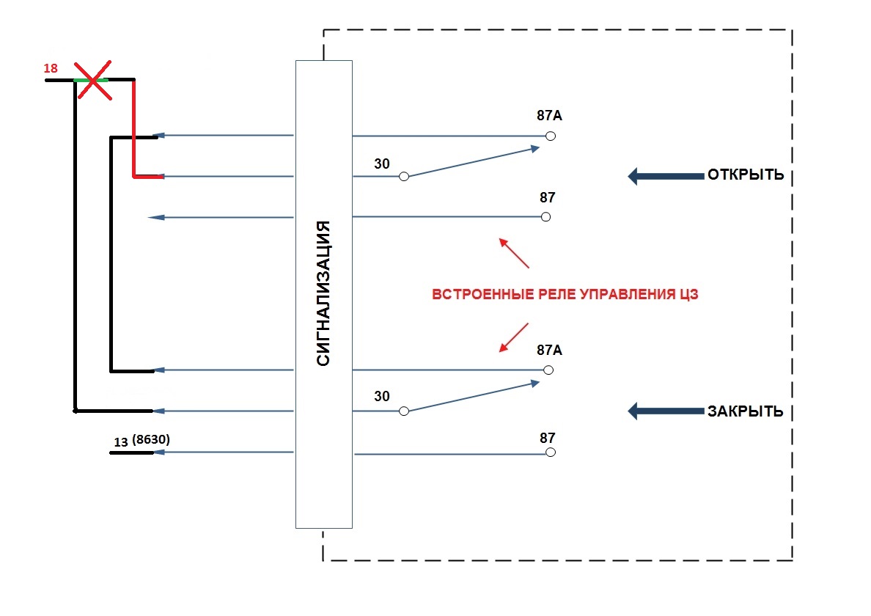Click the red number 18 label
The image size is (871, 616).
51,68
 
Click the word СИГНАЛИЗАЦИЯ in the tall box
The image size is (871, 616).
324,293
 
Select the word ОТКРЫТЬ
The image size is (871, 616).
745,176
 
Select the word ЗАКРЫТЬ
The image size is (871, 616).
745,411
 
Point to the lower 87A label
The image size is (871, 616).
549,350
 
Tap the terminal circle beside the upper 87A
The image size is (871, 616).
551,136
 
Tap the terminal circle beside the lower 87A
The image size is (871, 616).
548,370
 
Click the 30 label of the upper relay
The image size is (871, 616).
382,164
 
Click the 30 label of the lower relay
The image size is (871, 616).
382,397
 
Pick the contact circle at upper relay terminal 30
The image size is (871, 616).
403,177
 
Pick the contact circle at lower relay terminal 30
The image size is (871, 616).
403,411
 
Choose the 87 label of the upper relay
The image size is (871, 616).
548,197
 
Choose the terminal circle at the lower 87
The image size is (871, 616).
551,452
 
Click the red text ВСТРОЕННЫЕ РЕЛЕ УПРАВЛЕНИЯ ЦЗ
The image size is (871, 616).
564,295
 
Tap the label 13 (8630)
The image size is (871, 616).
147,441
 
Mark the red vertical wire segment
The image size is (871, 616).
133,128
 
